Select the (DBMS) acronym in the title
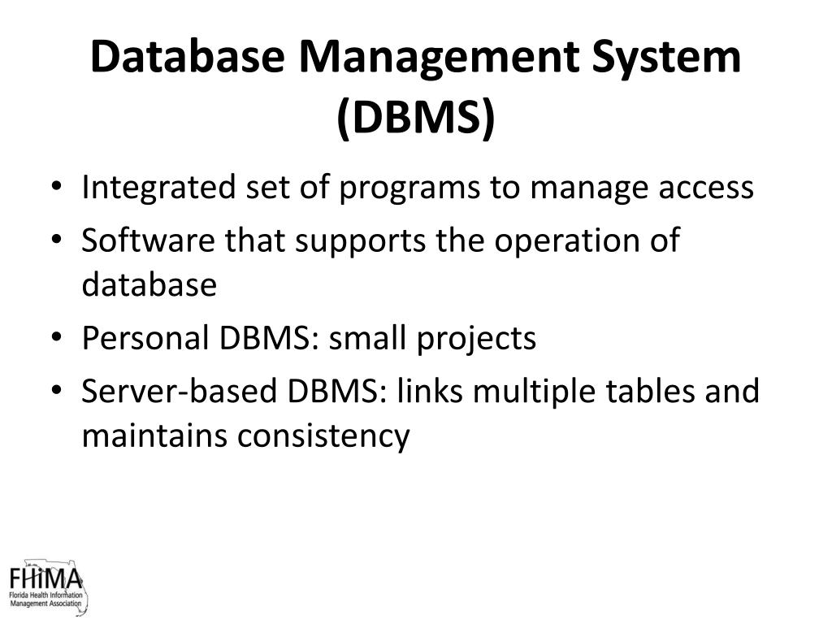coord(415,118)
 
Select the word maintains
coord(154,435)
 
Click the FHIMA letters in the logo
coord(45,580)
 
